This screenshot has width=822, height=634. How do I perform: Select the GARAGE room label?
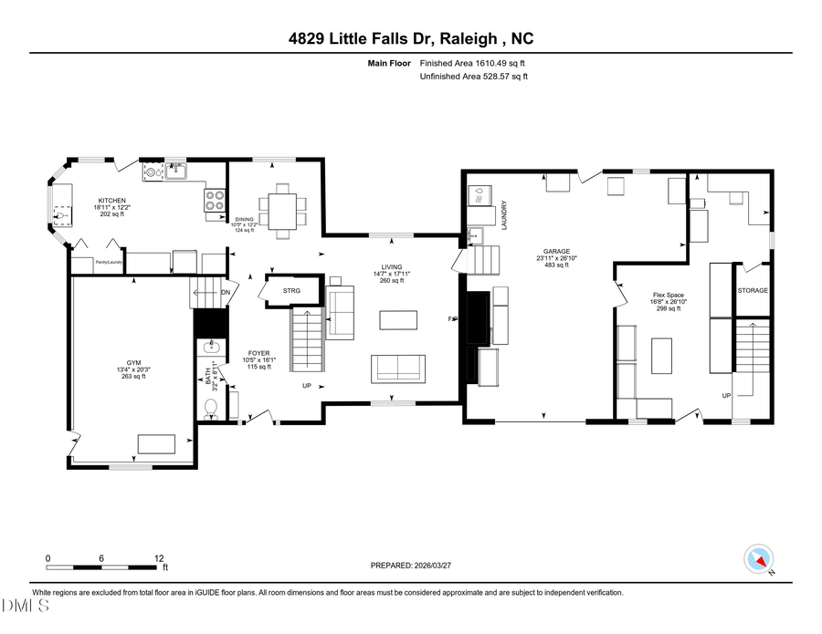pyautogui.click(x=553, y=252)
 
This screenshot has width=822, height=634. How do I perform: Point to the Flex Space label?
pyautogui.click(x=669, y=296)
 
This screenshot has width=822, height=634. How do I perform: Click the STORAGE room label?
pyautogui.click(x=753, y=291)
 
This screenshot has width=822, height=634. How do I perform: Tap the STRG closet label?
pyautogui.click(x=291, y=291)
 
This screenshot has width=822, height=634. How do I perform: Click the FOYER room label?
pyautogui.click(x=258, y=353)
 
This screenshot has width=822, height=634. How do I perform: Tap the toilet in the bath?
pyautogui.click(x=211, y=408)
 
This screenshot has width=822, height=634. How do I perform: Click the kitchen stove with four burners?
pyautogui.click(x=216, y=200)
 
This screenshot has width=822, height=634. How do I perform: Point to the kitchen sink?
pyautogui.click(x=174, y=170)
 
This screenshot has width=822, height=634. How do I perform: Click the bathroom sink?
pyautogui.click(x=211, y=348)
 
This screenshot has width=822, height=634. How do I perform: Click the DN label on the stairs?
pyautogui.click(x=225, y=292)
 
